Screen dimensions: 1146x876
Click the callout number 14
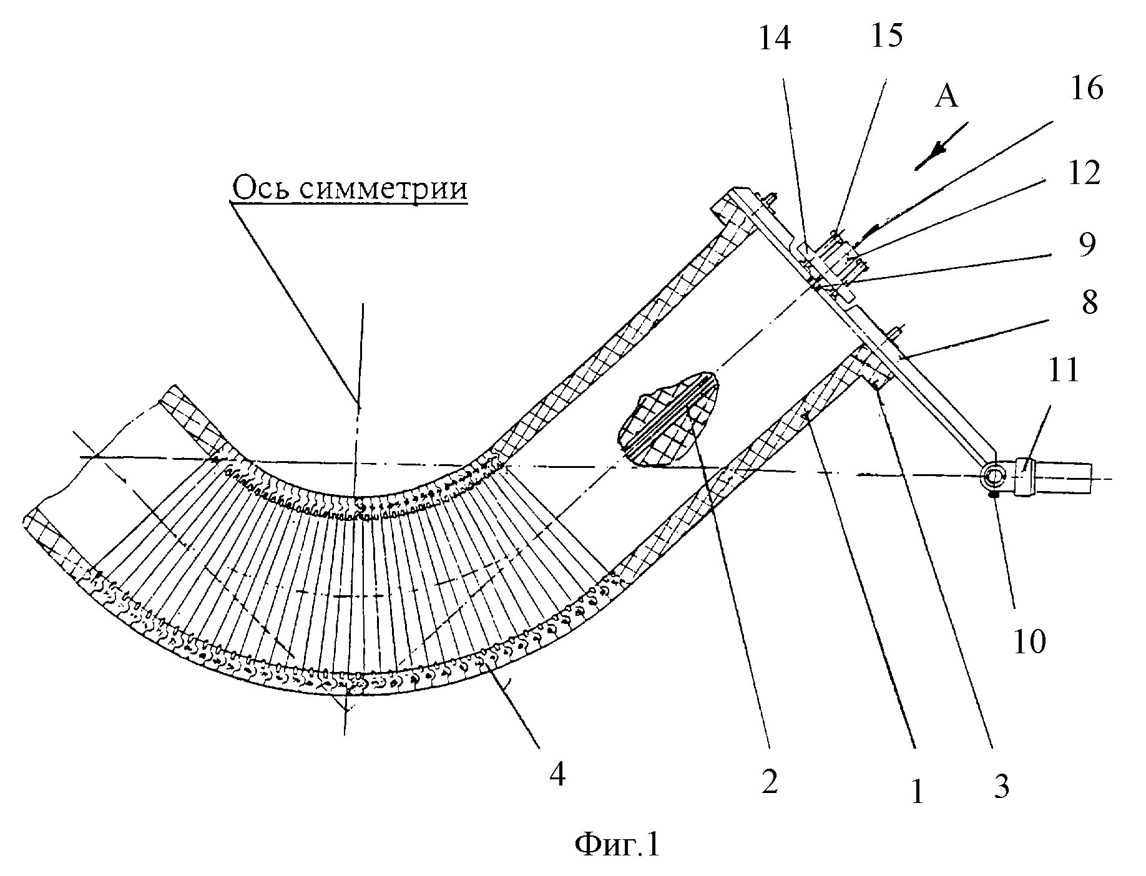point(776,39)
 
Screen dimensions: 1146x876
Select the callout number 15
point(886,37)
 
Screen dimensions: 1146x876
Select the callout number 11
point(1062,370)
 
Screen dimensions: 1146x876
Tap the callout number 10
point(1029,641)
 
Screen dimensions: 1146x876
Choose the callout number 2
point(770,781)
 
